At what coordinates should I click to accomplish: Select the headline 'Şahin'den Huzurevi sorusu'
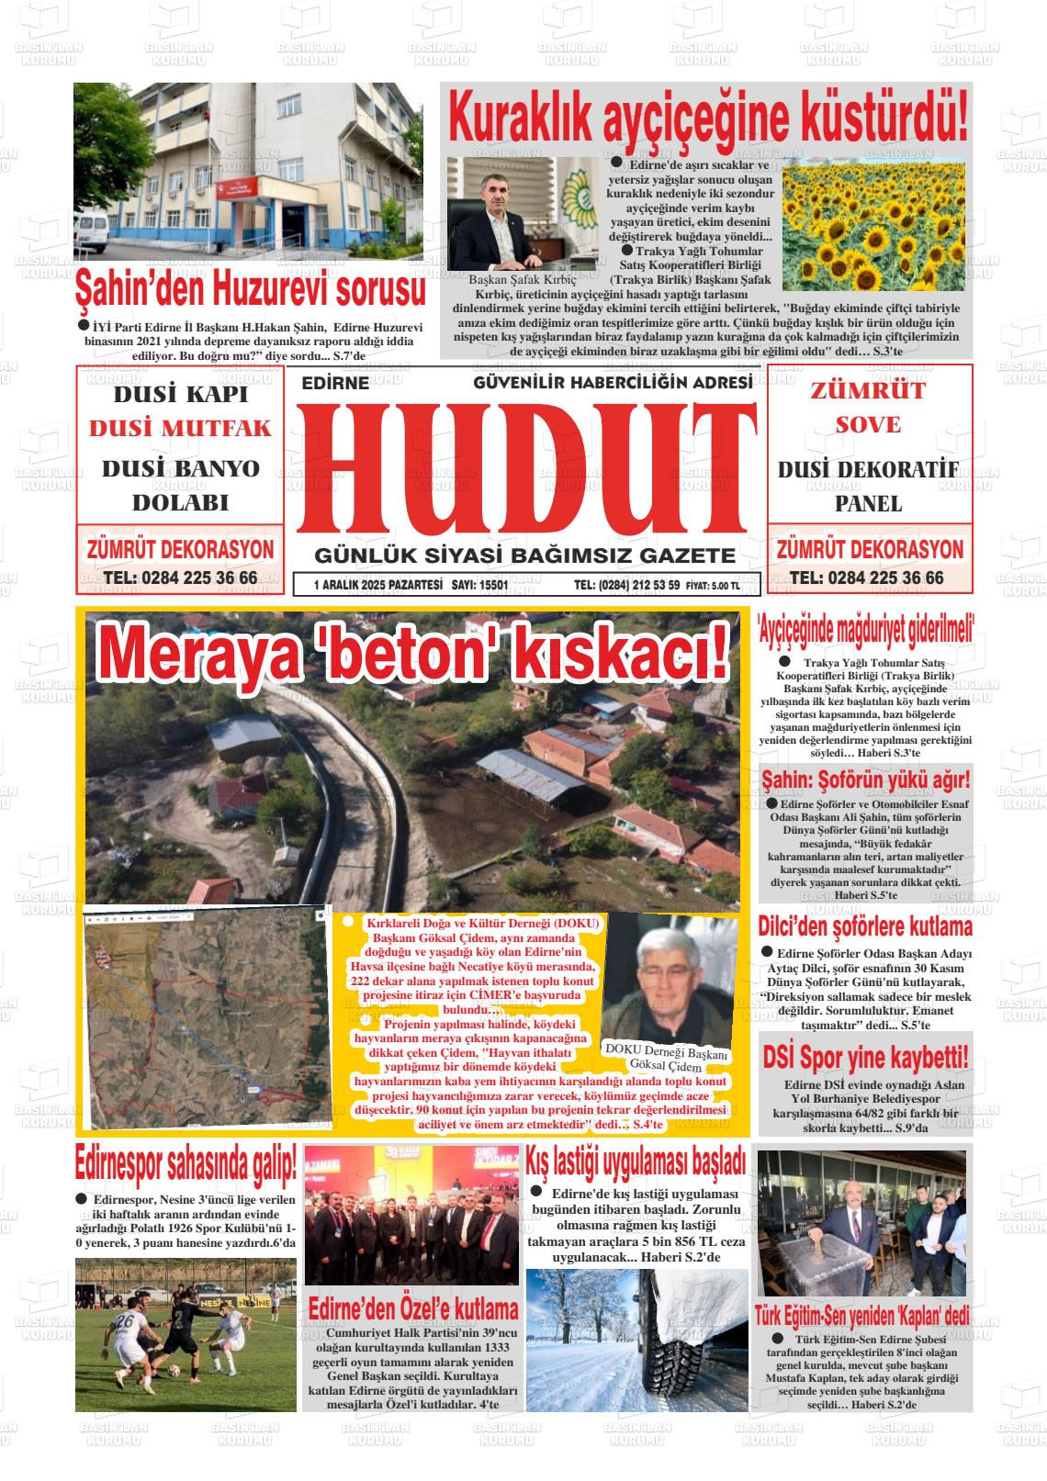250,289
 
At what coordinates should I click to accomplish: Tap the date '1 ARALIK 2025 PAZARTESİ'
377,584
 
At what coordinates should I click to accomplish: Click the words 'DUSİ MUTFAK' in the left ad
180,429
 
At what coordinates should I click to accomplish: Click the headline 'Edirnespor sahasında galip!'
186,1165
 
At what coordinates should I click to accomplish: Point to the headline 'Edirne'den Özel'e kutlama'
412,1307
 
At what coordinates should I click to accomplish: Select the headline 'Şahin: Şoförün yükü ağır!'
865,781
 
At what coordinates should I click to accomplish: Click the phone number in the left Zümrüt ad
180,578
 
